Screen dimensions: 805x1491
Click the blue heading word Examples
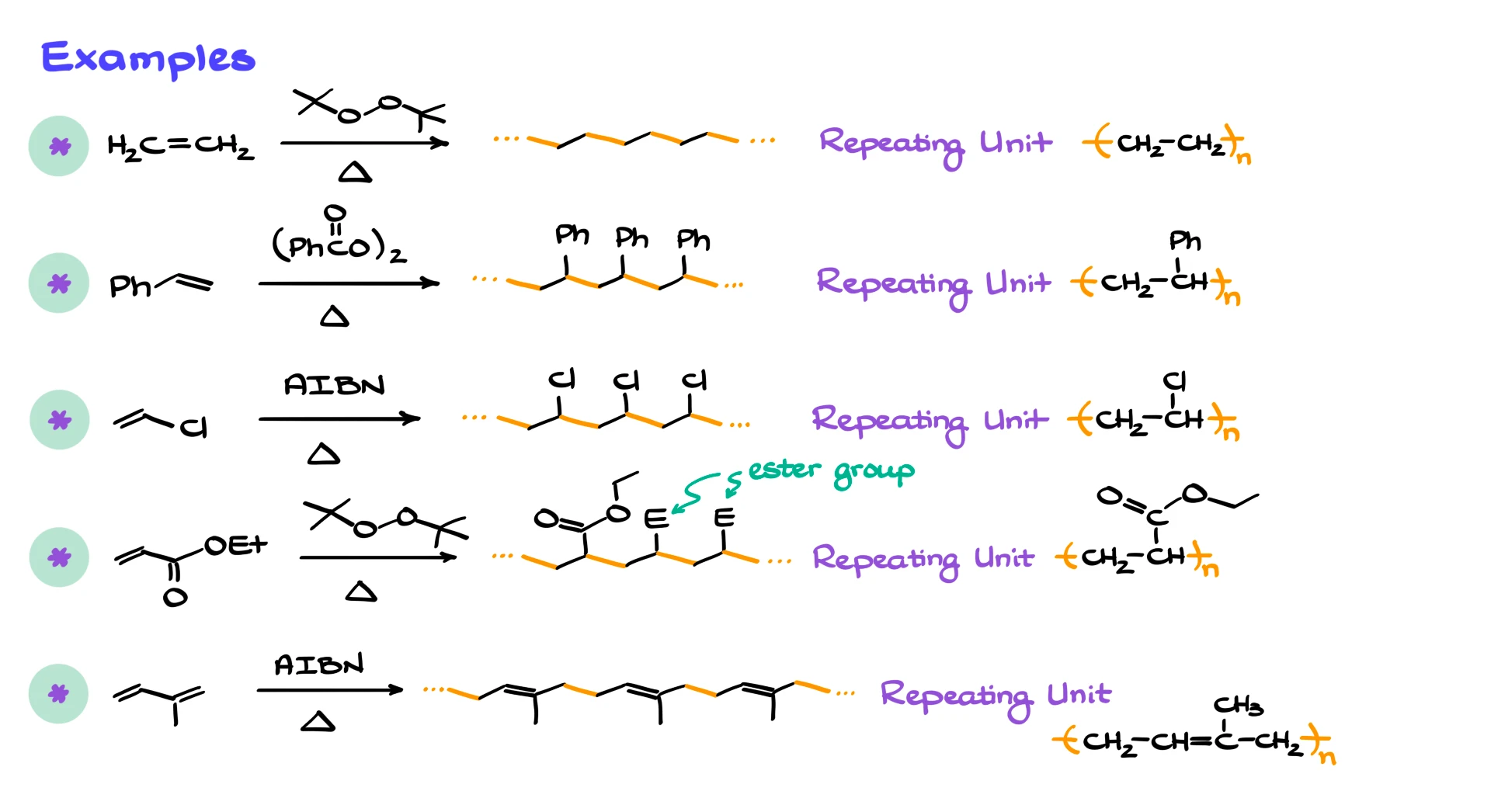(148, 58)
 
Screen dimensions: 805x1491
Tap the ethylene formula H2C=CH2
(180, 146)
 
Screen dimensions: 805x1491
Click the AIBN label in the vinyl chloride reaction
(334, 385)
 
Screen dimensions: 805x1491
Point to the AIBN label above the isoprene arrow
(319, 664)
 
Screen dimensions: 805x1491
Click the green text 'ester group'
(831, 470)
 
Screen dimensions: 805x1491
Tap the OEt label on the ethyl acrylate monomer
(235, 545)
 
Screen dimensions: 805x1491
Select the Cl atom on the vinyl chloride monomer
(193, 427)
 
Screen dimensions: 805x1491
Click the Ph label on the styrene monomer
(130, 286)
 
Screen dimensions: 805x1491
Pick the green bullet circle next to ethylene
(59, 146)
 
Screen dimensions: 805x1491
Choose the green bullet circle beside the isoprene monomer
(59, 694)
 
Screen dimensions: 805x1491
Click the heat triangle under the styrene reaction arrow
(335, 316)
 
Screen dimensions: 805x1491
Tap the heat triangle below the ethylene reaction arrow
(355, 172)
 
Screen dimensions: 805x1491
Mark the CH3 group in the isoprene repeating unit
(1238, 705)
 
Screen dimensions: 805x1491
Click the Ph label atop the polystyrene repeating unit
(1185, 241)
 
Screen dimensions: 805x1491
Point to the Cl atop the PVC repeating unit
(1174, 380)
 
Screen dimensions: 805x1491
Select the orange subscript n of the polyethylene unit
(1244, 158)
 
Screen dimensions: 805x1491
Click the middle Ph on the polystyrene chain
(631, 237)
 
